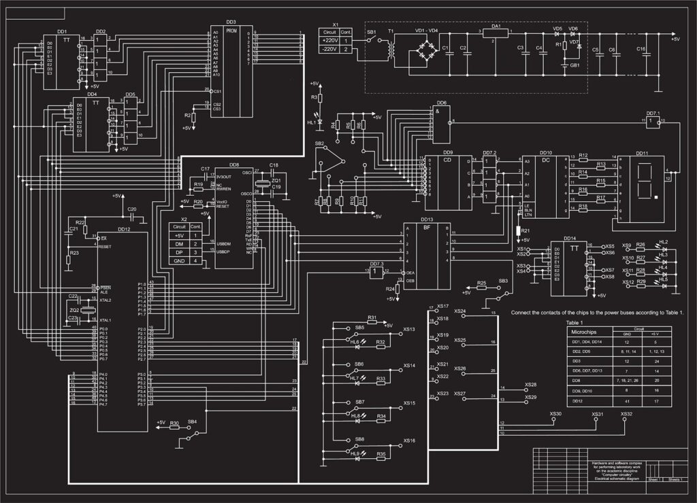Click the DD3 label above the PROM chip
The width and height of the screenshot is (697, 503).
coord(231,22)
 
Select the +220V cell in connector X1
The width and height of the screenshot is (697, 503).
coord(329,41)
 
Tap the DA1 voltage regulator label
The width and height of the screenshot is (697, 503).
coord(496,25)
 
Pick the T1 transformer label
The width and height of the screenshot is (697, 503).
coord(391,31)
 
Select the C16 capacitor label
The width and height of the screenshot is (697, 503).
coord(641,49)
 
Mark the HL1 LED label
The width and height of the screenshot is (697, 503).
coord(311,122)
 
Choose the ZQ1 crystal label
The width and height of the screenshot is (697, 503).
coord(276,180)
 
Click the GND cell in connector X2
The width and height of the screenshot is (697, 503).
coord(179,260)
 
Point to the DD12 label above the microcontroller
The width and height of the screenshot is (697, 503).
coord(123,229)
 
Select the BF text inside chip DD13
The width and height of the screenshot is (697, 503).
coord(427,228)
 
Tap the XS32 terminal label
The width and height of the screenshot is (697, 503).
coord(626,414)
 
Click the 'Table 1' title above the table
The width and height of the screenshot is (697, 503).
coord(575,322)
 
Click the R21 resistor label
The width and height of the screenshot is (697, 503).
coord(525,231)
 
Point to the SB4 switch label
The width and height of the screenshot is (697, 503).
coord(193,421)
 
